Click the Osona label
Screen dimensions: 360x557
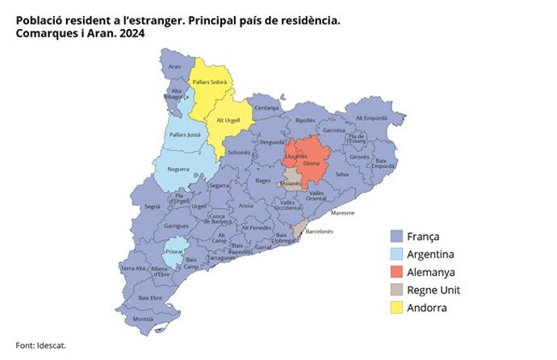tap(311, 163)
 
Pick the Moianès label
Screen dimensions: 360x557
tap(290, 184)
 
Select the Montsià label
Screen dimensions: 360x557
tap(143, 319)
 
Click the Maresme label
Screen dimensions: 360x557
tap(343, 213)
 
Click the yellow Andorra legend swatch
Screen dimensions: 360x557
tap(396, 308)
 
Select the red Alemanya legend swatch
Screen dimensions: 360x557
tap(396, 272)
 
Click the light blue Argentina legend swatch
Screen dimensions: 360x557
tap(396, 254)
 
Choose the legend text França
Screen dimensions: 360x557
tap(425, 237)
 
